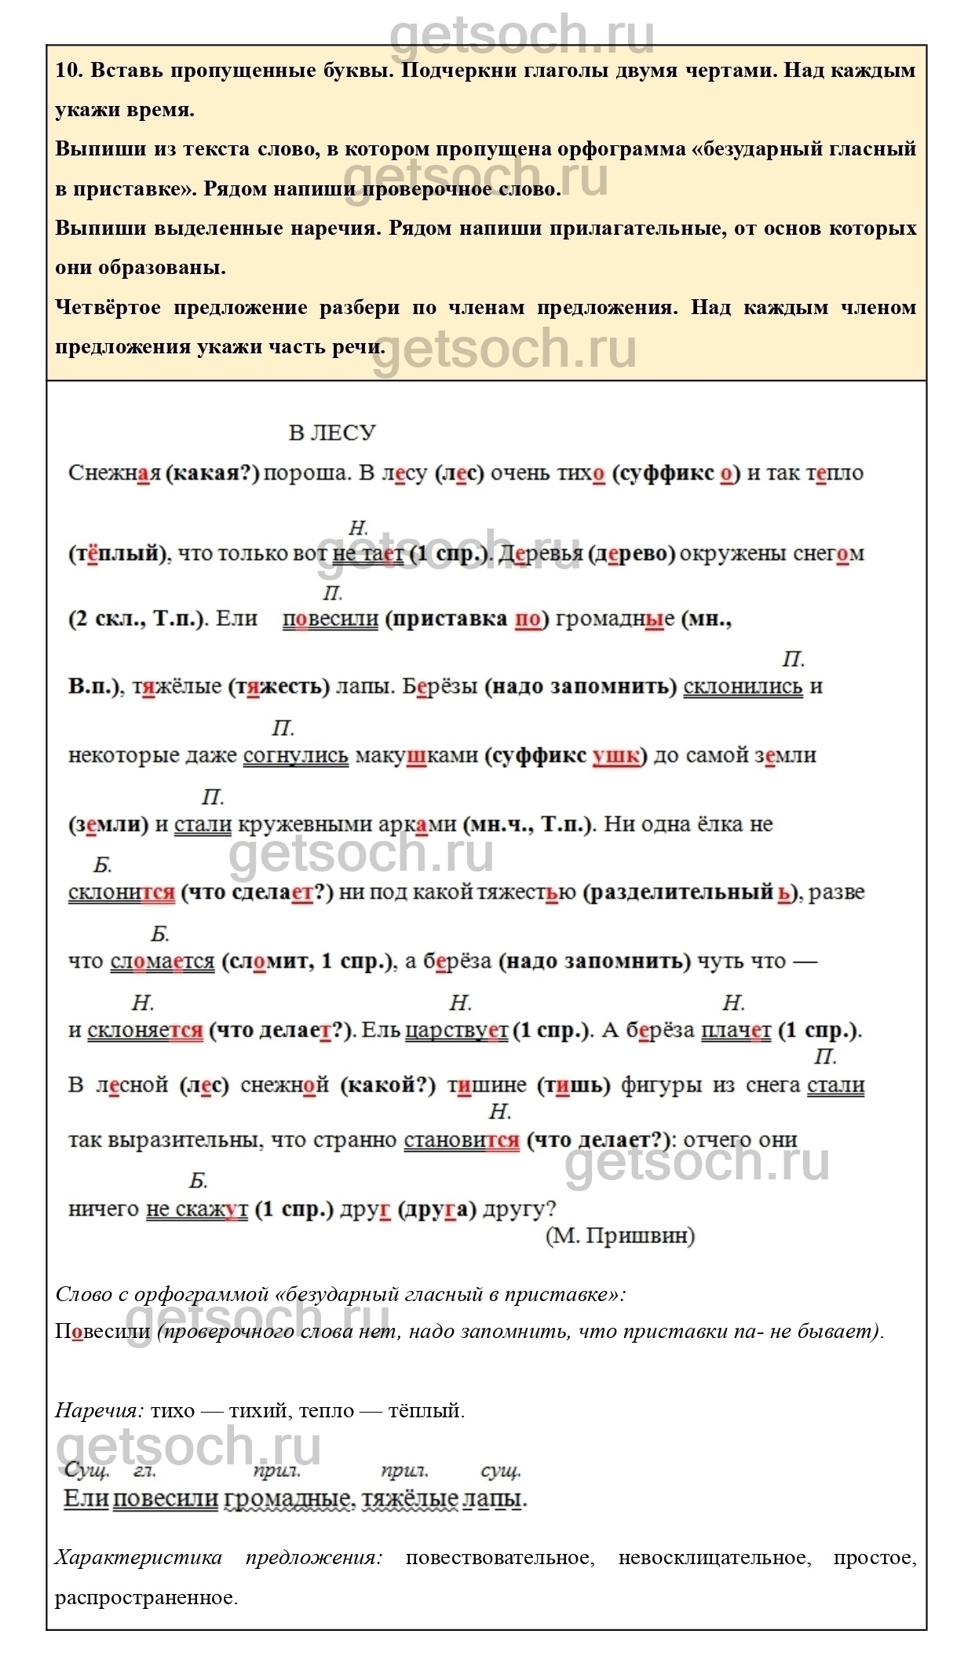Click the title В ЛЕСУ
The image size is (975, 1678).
pos(332,433)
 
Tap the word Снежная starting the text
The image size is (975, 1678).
pos(114,473)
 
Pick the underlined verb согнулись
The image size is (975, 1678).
pos(295,755)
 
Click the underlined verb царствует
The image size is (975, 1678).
pos(457,1030)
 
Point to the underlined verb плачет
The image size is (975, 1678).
pos(736,1030)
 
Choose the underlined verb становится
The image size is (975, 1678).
pos(462,1140)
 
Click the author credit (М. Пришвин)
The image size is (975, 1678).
pos(620,1236)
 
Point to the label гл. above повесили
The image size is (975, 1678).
pos(144,1471)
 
